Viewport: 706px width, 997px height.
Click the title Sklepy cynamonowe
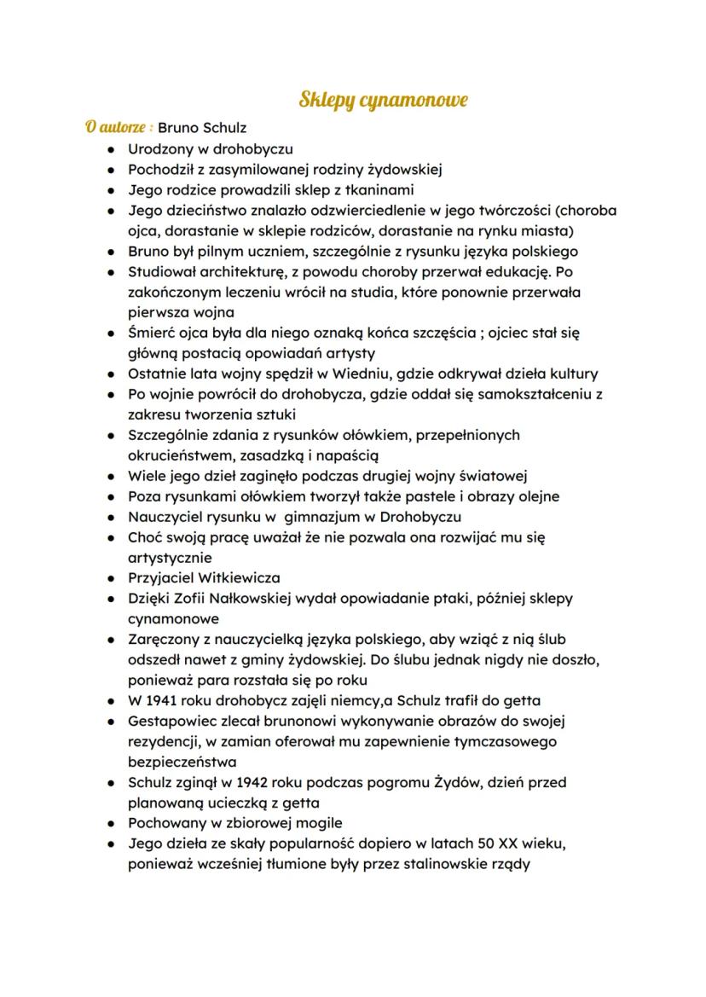coord(383,101)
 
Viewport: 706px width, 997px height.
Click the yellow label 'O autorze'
coord(119,128)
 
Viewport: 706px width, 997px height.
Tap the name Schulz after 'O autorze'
coord(223,128)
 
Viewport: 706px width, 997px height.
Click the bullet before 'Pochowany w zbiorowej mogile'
coord(112,824)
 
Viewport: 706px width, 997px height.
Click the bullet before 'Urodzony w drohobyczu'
coord(112,149)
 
